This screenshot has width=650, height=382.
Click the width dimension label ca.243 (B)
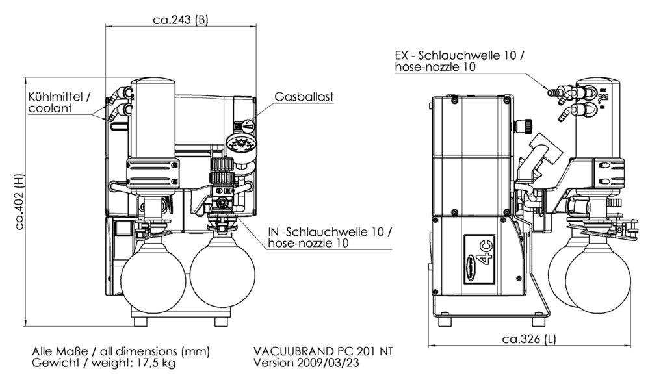[x=181, y=20]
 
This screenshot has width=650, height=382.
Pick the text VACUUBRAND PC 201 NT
[x=323, y=351]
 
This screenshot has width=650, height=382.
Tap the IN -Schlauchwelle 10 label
[x=331, y=233]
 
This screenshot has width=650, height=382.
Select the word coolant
[x=50, y=108]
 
